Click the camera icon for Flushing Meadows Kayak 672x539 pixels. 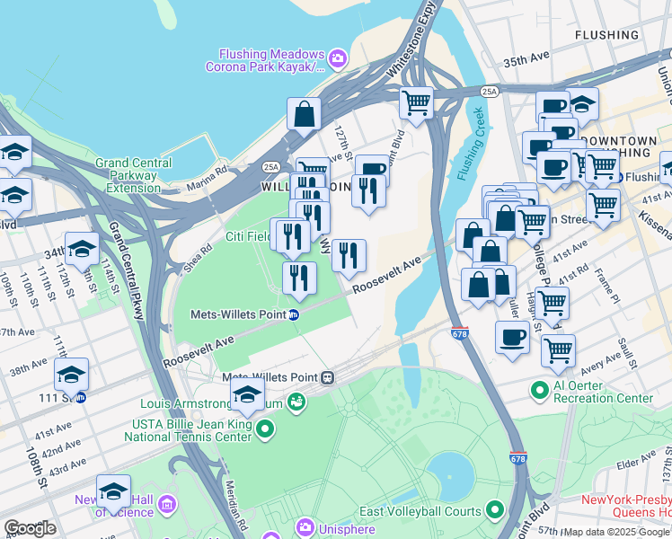[x=338, y=59]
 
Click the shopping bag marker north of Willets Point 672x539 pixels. [x=305, y=114]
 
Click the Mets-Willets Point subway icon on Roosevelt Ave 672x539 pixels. [x=294, y=314]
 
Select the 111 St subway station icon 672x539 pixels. [x=80, y=396]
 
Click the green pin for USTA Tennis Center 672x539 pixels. [x=264, y=430]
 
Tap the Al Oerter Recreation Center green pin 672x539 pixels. [x=539, y=390]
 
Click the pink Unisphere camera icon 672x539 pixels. [x=305, y=526]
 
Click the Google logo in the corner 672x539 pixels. [x=30, y=528]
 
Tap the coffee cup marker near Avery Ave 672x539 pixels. [x=512, y=338]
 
